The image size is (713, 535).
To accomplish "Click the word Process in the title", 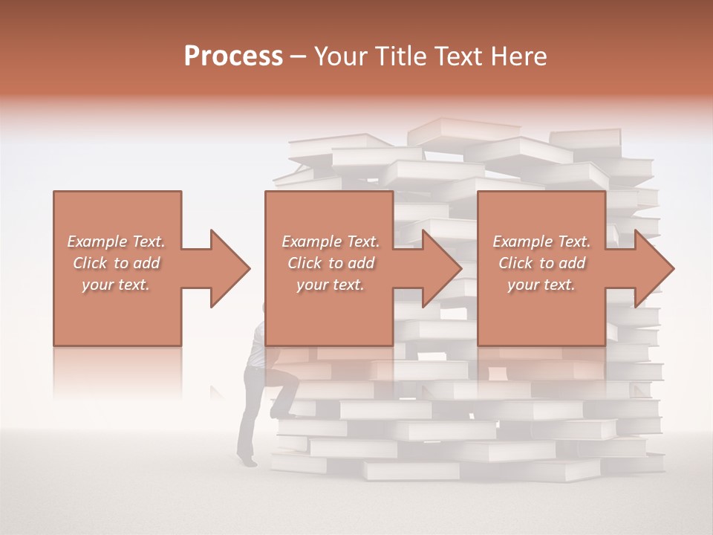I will pyautogui.click(x=233, y=56).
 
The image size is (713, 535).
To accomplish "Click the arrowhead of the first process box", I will pyautogui.click(x=230, y=268).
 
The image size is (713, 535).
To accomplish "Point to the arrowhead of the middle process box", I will pyautogui.click(x=442, y=268).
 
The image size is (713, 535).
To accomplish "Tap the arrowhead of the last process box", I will pyautogui.click(x=654, y=268).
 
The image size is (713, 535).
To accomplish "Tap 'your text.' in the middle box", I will pyautogui.click(x=330, y=285).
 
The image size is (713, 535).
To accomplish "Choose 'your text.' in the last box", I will pyautogui.click(x=541, y=285).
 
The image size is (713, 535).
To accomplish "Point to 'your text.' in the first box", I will pyautogui.click(x=116, y=285).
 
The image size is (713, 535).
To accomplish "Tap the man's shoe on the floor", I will pyautogui.click(x=248, y=461).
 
